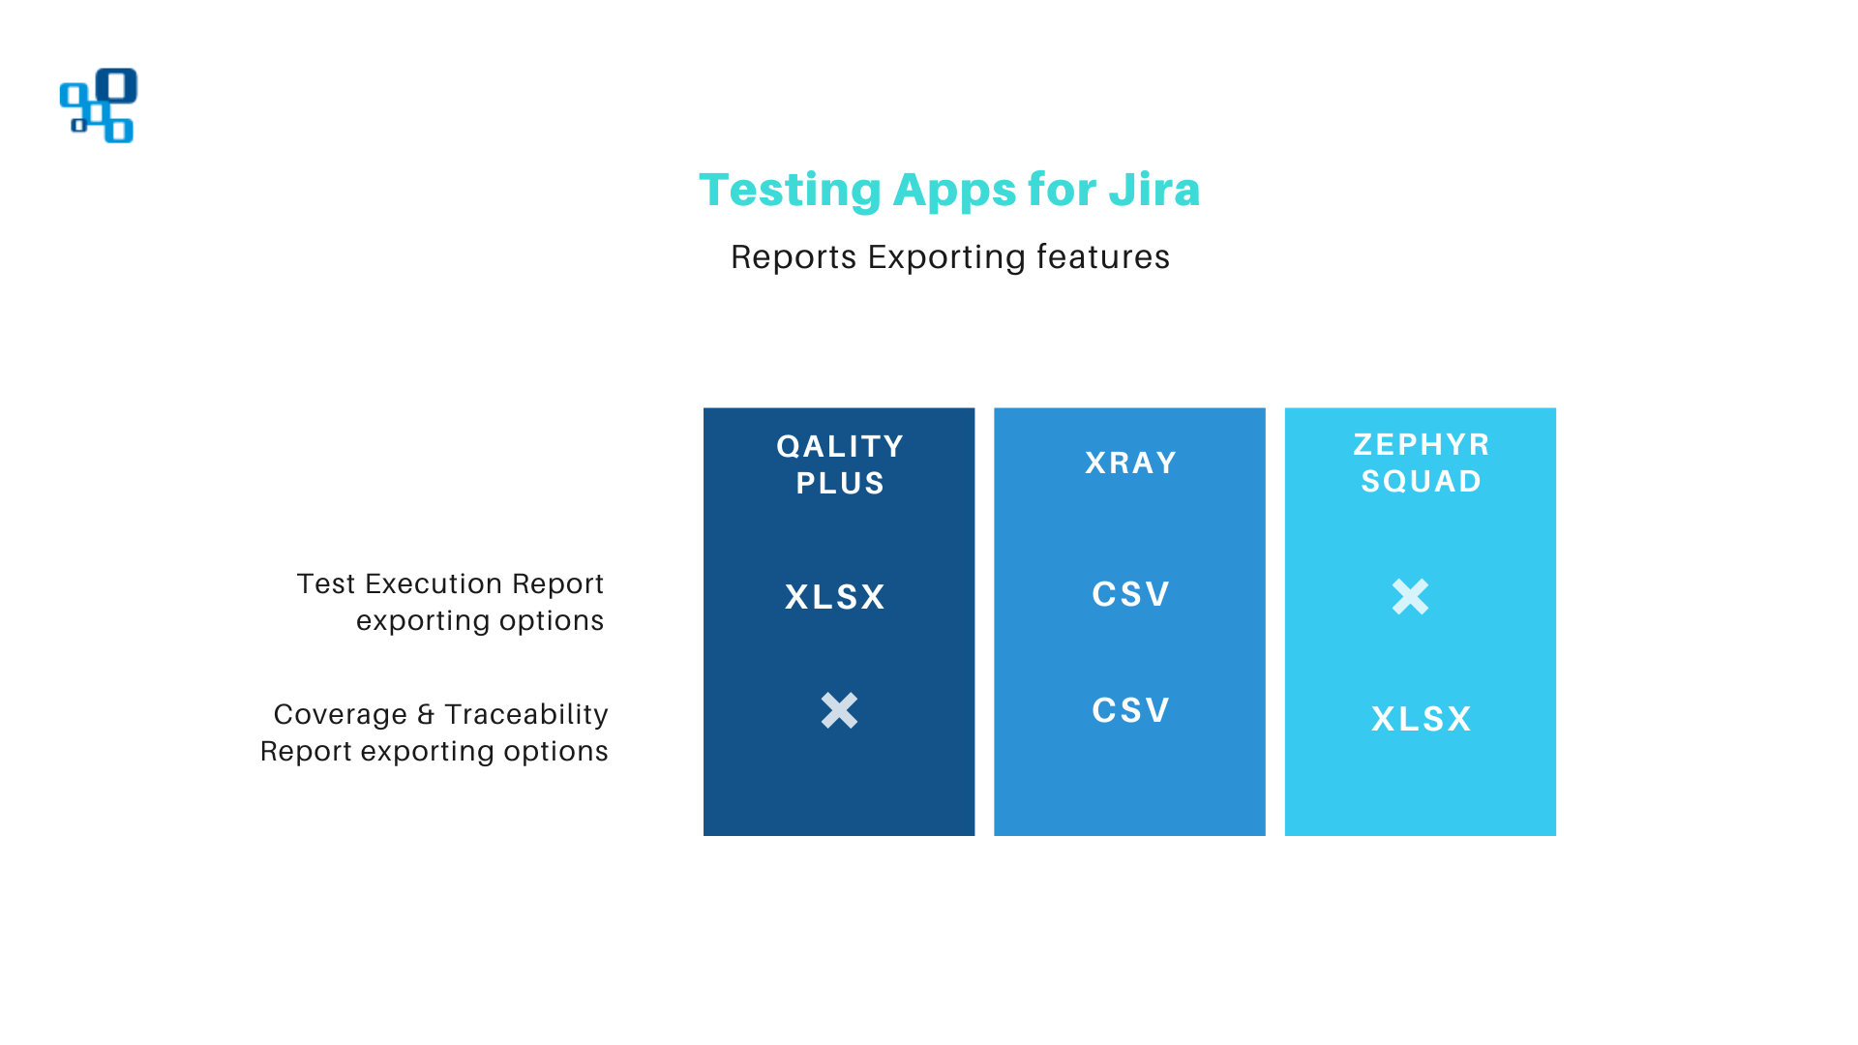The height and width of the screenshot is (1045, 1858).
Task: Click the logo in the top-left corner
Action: click(x=99, y=105)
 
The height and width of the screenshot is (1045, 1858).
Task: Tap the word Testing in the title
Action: click(x=790, y=191)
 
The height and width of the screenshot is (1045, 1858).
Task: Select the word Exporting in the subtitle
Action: click(x=945, y=257)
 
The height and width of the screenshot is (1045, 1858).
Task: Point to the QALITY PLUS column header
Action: click(x=840, y=464)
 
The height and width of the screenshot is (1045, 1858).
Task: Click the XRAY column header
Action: click(x=1130, y=463)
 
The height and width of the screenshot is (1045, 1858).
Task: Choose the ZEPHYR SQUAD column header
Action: click(x=1421, y=463)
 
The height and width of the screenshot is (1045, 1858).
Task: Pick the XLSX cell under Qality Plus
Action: click(x=835, y=597)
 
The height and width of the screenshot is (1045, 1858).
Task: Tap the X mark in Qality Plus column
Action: click(x=839, y=710)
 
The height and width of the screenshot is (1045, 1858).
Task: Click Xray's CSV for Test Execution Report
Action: click(x=1130, y=594)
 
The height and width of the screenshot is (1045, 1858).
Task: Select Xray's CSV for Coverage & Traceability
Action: click(x=1130, y=710)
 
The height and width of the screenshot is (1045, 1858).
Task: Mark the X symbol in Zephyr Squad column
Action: click(x=1410, y=597)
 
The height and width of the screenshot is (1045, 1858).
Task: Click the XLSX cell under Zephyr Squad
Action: click(x=1421, y=719)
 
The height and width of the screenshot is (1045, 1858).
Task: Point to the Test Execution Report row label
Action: click(x=450, y=602)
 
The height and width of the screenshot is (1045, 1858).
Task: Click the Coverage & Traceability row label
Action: click(x=435, y=732)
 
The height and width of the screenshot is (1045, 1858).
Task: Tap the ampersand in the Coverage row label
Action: click(x=426, y=715)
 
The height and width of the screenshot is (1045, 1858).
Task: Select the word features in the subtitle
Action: click(x=1102, y=257)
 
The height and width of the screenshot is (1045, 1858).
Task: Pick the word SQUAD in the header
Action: click(x=1421, y=481)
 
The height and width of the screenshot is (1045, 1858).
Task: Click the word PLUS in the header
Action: click(x=840, y=483)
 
